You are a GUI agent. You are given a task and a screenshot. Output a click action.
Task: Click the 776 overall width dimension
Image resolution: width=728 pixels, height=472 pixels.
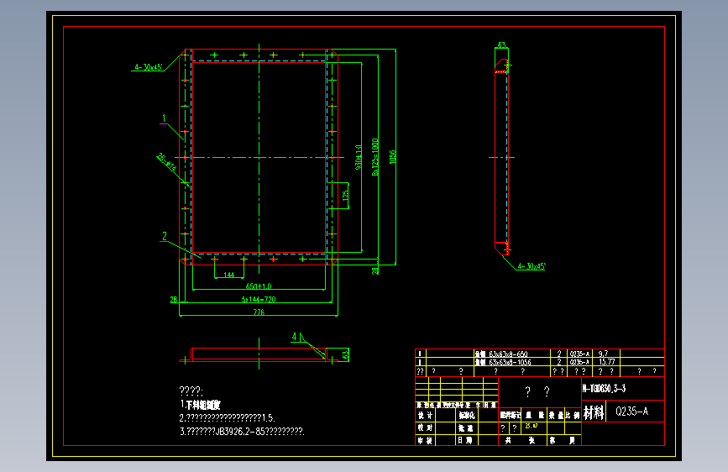[258, 312]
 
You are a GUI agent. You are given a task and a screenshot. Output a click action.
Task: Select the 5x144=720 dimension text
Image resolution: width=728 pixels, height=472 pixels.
[259, 299]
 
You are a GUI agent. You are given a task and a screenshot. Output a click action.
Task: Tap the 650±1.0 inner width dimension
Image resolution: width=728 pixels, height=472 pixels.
[259, 286]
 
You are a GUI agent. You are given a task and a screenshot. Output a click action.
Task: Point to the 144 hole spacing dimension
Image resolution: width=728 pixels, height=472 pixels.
[228, 275]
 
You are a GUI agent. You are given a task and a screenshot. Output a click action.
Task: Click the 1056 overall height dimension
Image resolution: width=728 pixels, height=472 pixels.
[392, 159]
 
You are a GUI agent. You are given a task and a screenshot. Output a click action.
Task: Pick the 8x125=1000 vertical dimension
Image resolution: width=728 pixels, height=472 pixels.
[375, 157]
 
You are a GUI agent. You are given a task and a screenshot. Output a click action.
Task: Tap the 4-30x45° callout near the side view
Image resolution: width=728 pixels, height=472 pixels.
[532, 266]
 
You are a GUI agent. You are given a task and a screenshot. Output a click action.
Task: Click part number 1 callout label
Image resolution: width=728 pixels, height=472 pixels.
[165, 118]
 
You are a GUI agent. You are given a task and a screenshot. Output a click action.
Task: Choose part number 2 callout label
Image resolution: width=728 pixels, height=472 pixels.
[165, 236]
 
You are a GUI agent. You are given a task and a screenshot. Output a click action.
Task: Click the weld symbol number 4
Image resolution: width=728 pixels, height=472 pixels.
[294, 337]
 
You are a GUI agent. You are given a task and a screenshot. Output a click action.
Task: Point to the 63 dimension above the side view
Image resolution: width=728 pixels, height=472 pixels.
[502, 45]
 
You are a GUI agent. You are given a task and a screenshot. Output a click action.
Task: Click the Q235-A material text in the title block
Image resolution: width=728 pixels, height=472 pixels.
[631, 412]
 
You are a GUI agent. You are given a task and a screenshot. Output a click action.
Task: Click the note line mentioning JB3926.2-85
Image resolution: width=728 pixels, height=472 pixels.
[242, 431]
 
